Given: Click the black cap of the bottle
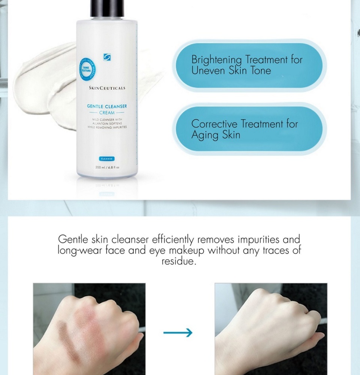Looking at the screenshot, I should [x=107, y=8].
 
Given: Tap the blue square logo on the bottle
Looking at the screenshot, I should [x=107, y=57].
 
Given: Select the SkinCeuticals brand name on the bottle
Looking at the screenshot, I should [x=107, y=88].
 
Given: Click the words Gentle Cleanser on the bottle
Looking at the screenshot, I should [x=107, y=106].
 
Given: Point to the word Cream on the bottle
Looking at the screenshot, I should [x=107, y=112].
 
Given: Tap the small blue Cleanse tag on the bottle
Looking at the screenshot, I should [x=107, y=159].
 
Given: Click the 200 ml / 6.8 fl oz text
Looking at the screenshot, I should [x=107, y=167].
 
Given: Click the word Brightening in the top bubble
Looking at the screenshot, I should [x=216, y=60].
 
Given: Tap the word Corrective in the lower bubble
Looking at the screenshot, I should [x=214, y=124].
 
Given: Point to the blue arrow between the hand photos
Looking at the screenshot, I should [x=178, y=333].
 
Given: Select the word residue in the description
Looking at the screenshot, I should [x=179, y=261].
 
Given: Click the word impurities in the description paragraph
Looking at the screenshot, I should [x=259, y=239].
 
